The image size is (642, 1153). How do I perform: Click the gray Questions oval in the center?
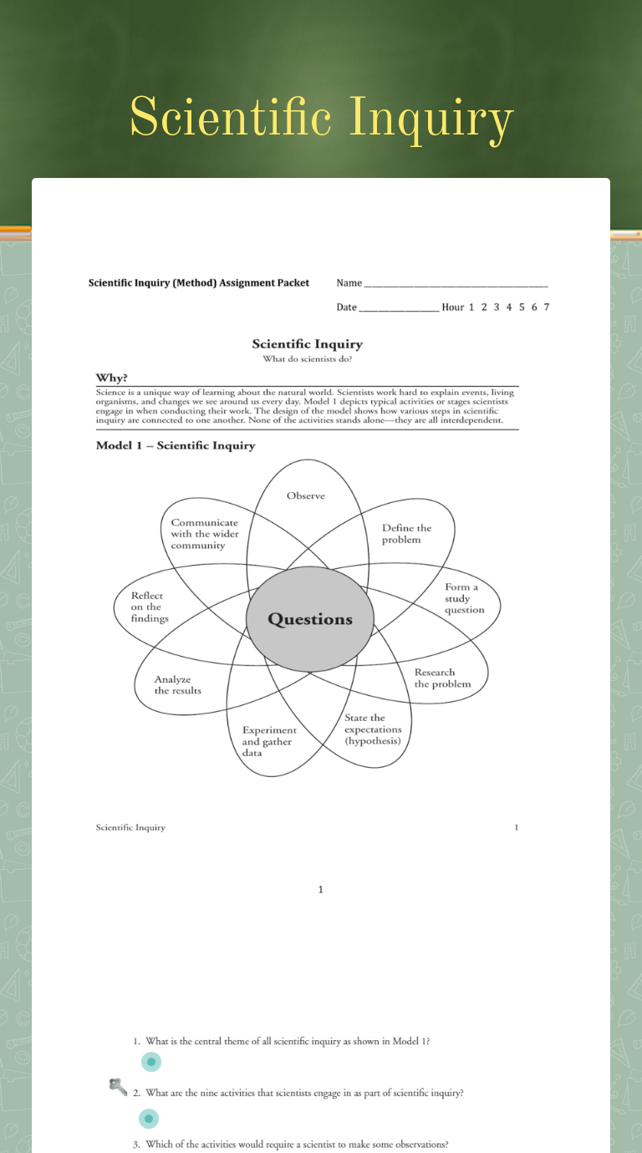(310, 619)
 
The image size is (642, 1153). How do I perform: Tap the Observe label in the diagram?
(306, 495)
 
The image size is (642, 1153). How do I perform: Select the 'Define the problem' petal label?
(407, 534)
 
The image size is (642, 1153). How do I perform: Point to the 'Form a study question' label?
(464, 598)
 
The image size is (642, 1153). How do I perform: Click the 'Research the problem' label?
(442, 678)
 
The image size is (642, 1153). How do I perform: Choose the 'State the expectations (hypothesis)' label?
(373, 729)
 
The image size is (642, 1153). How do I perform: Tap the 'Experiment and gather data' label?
(269, 741)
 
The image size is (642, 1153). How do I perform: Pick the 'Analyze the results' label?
(177, 685)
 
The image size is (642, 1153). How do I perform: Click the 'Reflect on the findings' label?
(150, 607)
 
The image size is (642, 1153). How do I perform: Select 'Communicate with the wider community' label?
(205, 534)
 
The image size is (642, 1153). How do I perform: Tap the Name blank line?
(456, 284)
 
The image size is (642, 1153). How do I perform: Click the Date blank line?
(399, 308)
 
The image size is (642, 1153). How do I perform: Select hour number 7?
(546, 307)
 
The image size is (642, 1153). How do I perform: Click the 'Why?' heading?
(111, 378)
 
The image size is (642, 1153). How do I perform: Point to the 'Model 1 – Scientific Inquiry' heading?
(176, 445)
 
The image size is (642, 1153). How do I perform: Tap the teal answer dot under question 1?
(151, 1062)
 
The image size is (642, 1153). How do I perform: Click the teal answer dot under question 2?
(149, 1118)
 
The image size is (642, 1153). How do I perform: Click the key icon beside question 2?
(118, 1086)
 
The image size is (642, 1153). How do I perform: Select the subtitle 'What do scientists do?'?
(308, 359)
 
